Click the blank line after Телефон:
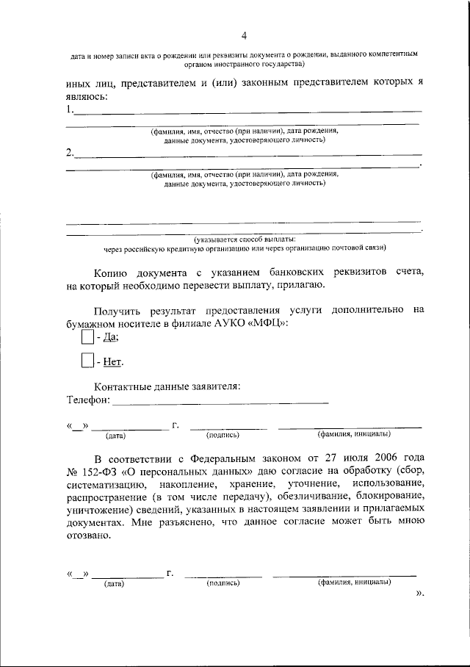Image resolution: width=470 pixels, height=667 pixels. pyautogui.click(x=220, y=401)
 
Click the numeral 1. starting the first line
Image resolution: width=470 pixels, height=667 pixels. pyautogui.click(x=70, y=110)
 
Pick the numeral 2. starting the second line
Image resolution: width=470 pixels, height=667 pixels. pyautogui.click(x=70, y=153)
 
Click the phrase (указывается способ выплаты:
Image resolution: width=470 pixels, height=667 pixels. pyautogui.click(x=245, y=239)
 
